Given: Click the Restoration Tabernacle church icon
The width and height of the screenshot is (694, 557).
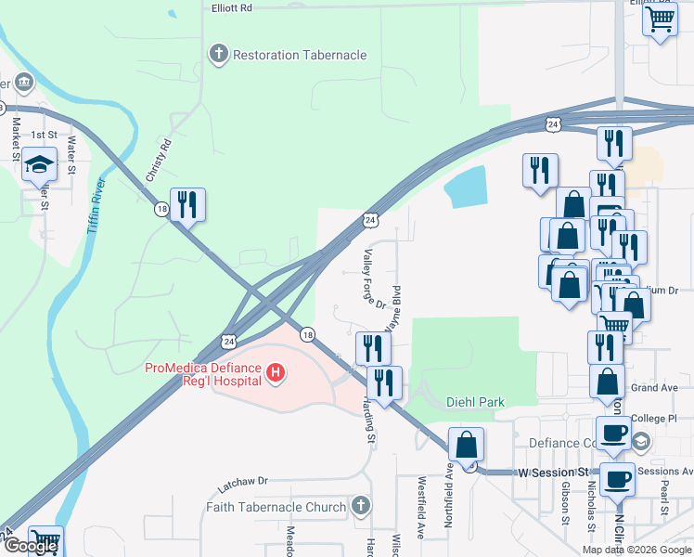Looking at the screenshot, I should tap(219, 54).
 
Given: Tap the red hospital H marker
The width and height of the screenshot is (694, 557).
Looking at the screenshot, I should tap(275, 374).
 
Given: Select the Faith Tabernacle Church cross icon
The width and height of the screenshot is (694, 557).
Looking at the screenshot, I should tap(362, 507).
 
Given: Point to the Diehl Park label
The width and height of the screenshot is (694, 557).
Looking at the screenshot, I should tap(475, 402).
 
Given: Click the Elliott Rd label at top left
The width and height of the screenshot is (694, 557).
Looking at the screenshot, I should tap(232, 7).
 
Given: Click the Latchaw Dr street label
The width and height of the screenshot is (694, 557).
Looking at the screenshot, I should tap(242, 483).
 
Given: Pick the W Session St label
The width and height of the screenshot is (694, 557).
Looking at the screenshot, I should tap(554, 472).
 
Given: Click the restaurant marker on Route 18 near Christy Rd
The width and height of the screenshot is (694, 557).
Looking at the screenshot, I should tap(187, 204).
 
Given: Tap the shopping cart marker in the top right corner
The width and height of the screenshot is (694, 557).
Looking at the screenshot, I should tap(659, 19).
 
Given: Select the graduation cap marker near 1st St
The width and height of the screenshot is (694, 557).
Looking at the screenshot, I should tap(39, 164).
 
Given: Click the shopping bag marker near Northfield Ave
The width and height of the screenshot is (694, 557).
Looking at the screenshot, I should tap(466, 444).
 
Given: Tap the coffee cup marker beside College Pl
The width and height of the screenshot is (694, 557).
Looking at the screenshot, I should tap(613, 433).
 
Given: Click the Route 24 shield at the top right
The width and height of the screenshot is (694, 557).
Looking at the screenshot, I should tap(553, 123).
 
